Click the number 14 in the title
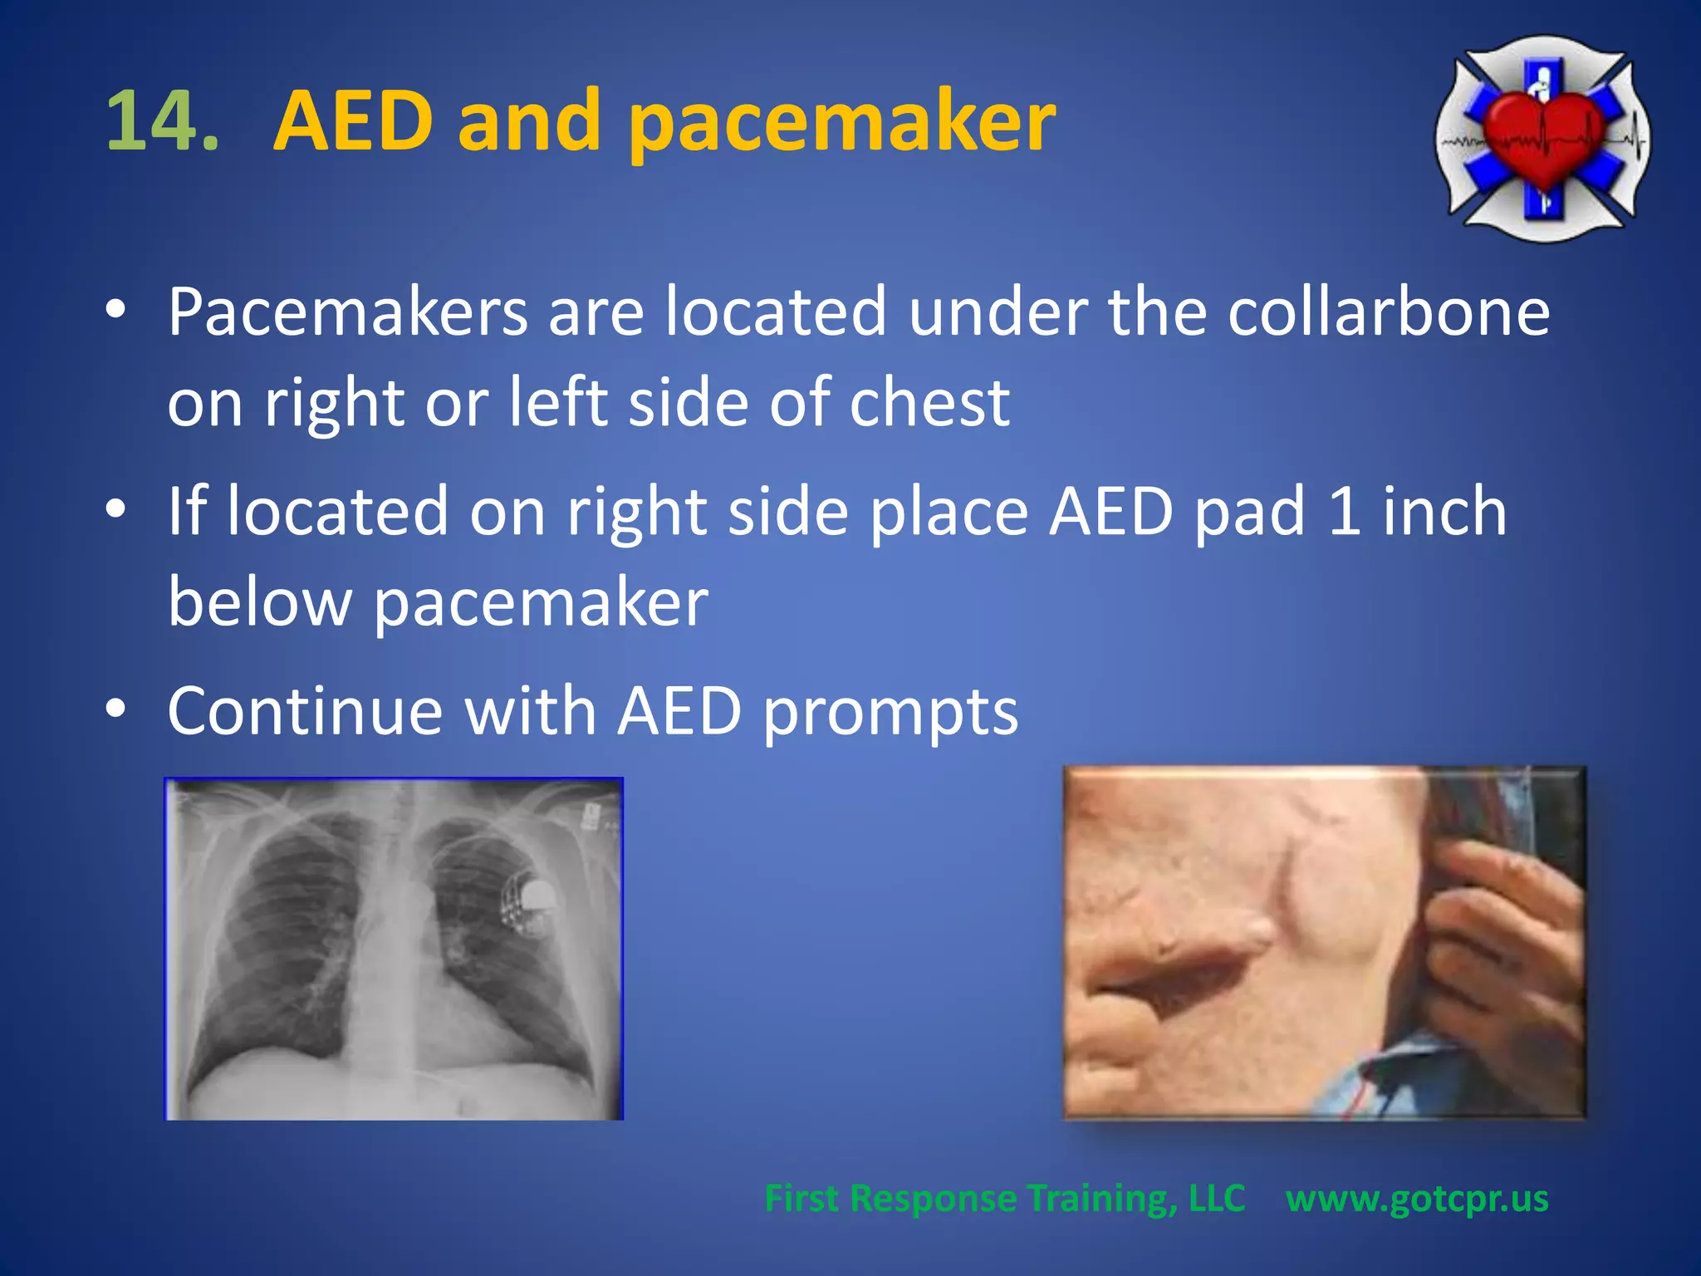coord(163,121)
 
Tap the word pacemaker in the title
coord(841,125)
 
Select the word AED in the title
coord(353,121)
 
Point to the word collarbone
coord(1388,312)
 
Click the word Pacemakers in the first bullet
coord(347,312)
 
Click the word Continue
coord(305,711)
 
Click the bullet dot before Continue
coord(116,709)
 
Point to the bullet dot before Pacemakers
coord(116,309)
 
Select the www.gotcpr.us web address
coord(1417,1198)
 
